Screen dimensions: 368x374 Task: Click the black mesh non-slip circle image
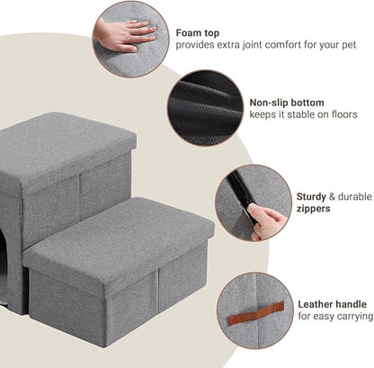[205, 108]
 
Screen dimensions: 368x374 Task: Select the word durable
[351, 195]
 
